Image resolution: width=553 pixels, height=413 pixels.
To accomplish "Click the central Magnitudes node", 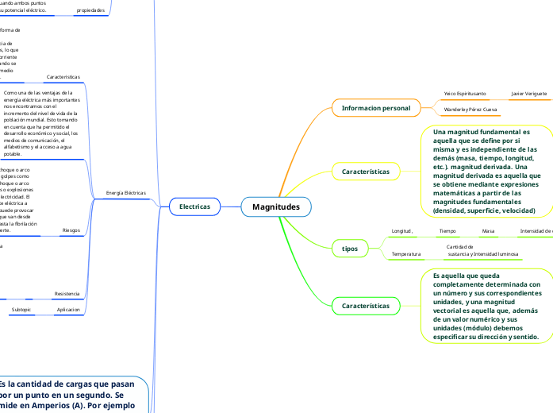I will click(x=276, y=206).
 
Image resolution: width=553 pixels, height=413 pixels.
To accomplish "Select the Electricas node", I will click(x=194, y=206).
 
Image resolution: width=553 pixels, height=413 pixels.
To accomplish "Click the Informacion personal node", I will click(x=375, y=108).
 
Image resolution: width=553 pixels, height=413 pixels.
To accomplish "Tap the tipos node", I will click(x=350, y=249).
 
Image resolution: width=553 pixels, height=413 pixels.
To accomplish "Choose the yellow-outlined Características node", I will click(x=365, y=172).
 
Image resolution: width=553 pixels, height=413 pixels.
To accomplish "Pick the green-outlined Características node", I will click(x=365, y=305).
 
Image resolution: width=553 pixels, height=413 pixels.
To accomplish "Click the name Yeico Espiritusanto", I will click(x=465, y=94).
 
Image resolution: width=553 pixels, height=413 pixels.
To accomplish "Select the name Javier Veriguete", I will click(x=528, y=94).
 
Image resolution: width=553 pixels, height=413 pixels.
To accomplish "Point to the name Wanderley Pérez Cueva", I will click(x=470, y=109).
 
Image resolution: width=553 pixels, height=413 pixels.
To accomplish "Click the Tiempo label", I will click(x=447, y=231).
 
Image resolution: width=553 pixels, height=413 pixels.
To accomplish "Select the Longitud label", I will click(x=402, y=231).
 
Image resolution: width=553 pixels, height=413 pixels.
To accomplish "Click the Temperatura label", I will click(x=406, y=254).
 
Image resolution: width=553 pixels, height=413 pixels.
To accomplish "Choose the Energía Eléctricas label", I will click(x=126, y=193).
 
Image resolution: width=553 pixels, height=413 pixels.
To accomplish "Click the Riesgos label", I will click(x=71, y=230).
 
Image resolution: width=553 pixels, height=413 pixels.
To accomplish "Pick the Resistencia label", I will click(x=67, y=294).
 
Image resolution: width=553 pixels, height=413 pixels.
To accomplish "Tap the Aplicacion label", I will click(x=68, y=309).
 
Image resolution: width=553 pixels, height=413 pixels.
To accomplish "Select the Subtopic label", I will click(x=21, y=309).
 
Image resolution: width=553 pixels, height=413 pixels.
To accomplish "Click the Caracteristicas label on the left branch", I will click(x=63, y=77).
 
